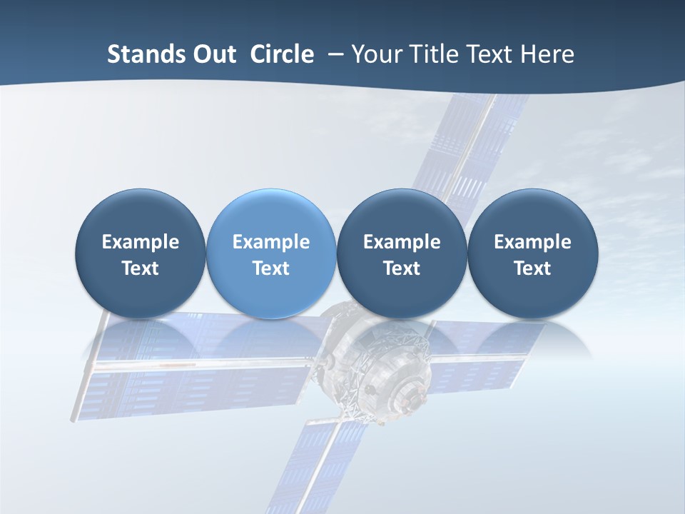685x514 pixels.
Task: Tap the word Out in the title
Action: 213,54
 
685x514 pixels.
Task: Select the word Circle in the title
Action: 282,54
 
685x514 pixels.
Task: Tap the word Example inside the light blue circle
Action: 271,242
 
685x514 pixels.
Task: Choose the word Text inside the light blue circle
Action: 271,268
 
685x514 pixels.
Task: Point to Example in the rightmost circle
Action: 532,242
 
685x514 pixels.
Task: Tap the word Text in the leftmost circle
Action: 141,268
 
